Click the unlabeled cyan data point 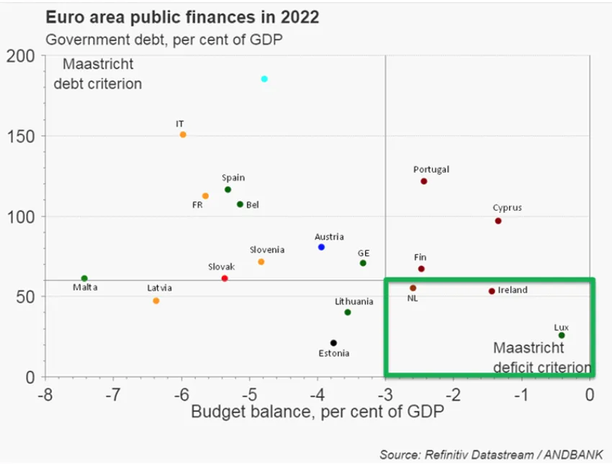[264, 78]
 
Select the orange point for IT [183, 135]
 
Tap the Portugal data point [423, 181]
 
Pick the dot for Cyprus [498, 221]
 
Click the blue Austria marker [321, 247]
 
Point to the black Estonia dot [333, 342]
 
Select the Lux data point [562, 335]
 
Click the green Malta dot [84, 278]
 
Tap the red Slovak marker [225, 278]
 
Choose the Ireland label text [513, 291]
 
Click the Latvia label [160, 288]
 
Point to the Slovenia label [267, 250]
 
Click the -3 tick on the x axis [386, 394]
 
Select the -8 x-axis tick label [45, 394]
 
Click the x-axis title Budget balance [317, 413]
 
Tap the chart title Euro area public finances [183, 17]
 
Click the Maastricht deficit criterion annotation [541, 358]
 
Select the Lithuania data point [348, 312]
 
